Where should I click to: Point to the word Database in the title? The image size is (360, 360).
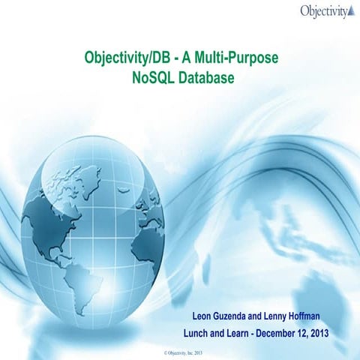[203, 76]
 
